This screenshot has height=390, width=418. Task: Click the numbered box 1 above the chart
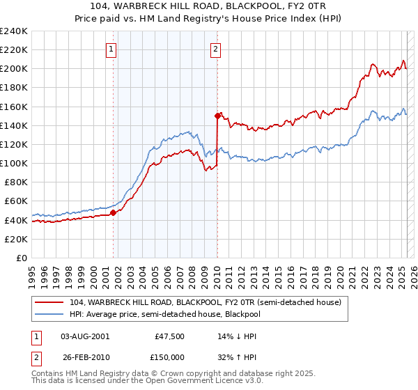coord(112,49)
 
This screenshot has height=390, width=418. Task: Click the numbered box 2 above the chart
coord(216,49)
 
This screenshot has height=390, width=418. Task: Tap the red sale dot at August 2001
coord(113,212)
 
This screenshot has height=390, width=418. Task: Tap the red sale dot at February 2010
coord(217,116)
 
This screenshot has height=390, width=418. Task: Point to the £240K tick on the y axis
coord(14,31)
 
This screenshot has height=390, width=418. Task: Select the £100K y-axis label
coord(14,163)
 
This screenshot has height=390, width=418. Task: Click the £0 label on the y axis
coord(22,258)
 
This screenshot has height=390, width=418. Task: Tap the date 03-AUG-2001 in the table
coord(86,336)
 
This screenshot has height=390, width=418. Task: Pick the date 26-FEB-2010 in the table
coord(86,357)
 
